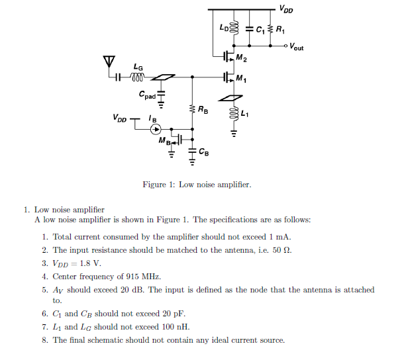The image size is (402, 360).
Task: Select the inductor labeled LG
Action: tap(138, 77)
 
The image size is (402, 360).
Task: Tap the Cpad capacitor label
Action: tap(148, 95)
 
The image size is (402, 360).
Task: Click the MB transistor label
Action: tap(164, 141)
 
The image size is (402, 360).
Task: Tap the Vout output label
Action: tap(296, 48)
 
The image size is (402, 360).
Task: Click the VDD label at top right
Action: tap(286, 9)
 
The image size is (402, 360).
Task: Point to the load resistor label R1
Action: tap(281, 30)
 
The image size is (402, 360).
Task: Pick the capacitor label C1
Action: tap(260, 30)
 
